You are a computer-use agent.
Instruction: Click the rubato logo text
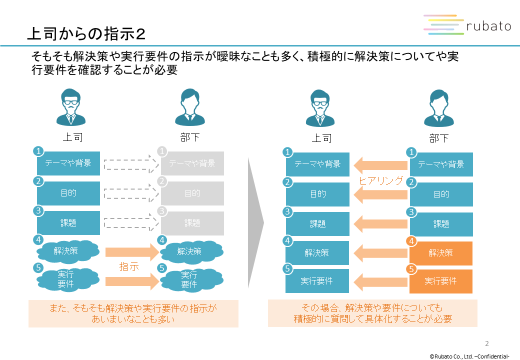(487, 25)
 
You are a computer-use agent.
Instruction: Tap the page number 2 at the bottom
(487, 343)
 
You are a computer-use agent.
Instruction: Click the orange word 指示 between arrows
(128, 266)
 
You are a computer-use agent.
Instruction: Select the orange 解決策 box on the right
(441, 253)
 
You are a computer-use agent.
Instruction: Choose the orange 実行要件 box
(441, 281)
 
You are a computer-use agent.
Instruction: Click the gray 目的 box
(192, 193)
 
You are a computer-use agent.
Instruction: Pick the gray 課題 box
(192, 222)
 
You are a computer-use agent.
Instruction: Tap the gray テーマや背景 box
(192, 163)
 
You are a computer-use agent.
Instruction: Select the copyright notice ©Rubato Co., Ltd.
(469, 356)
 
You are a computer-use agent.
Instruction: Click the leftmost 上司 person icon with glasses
(70, 107)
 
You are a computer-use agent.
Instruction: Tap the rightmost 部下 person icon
(438, 107)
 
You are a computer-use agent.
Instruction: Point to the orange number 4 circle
(411, 241)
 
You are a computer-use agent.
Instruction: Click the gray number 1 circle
(162, 151)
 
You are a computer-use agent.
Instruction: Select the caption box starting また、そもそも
(133, 313)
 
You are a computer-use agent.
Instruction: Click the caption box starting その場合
(372, 313)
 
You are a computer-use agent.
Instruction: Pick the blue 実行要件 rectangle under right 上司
(317, 281)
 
